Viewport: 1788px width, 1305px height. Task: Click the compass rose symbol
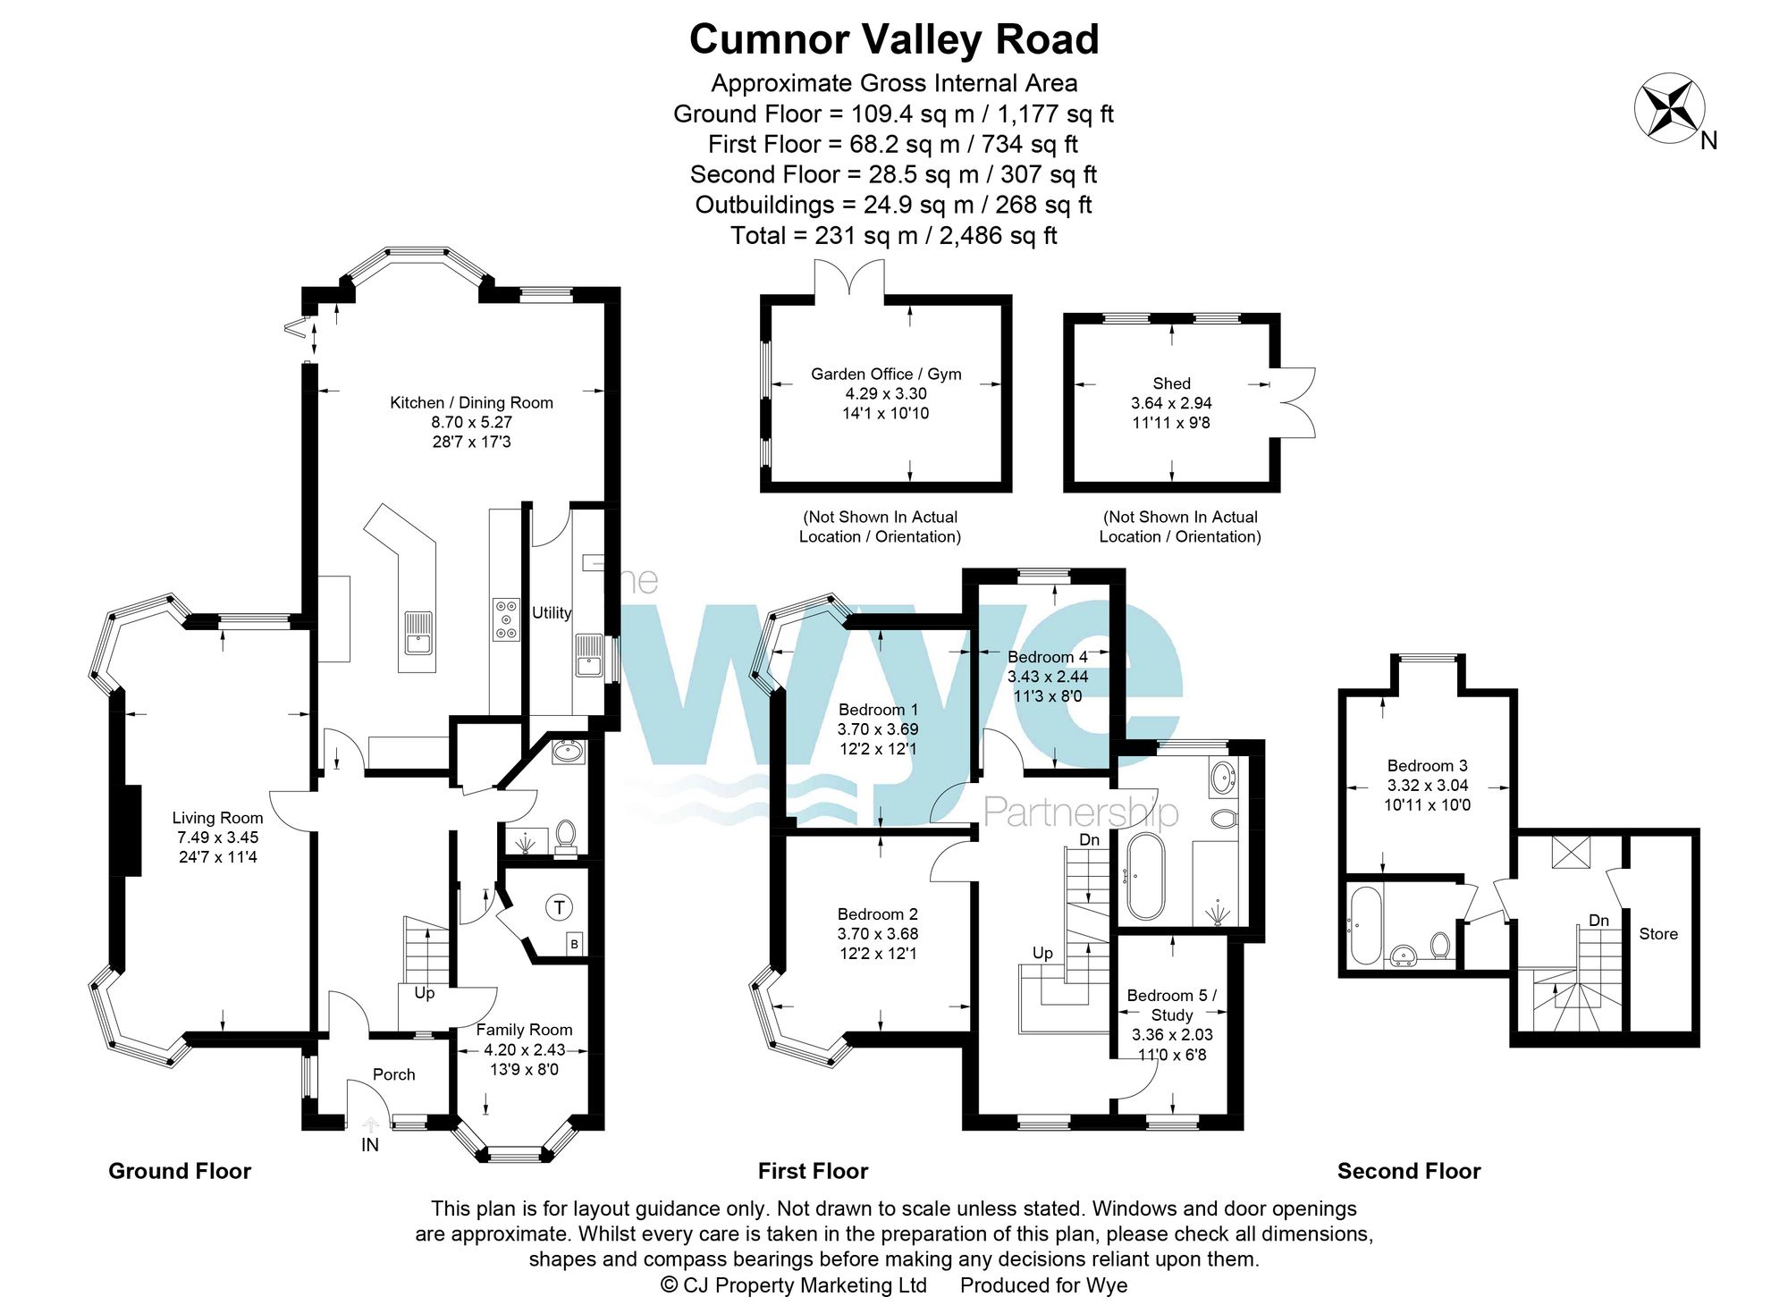coord(1669,108)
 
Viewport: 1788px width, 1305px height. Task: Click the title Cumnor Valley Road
coord(893,40)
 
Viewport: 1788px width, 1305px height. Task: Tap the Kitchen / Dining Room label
coord(471,403)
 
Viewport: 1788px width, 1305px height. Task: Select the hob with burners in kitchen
coord(506,619)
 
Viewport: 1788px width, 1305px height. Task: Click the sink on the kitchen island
coord(418,633)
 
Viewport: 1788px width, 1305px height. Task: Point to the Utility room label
coord(551,613)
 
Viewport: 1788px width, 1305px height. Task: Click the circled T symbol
coord(559,908)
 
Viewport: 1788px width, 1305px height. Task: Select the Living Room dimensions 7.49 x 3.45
coord(217,838)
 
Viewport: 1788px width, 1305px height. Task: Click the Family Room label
coord(524,1030)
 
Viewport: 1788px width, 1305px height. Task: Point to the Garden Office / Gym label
coord(885,375)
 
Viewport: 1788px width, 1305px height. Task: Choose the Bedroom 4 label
coord(1047,657)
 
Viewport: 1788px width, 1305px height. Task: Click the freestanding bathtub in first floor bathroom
coord(1145,877)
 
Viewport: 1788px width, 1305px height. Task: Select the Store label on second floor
coord(1657,934)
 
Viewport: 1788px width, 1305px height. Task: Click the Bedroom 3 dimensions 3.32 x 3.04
coord(1427,786)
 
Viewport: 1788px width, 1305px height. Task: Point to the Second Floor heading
coord(1408,1171)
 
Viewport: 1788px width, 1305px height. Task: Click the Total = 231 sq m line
coord(893,236)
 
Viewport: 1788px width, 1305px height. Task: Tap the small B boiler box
coord(574,944)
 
